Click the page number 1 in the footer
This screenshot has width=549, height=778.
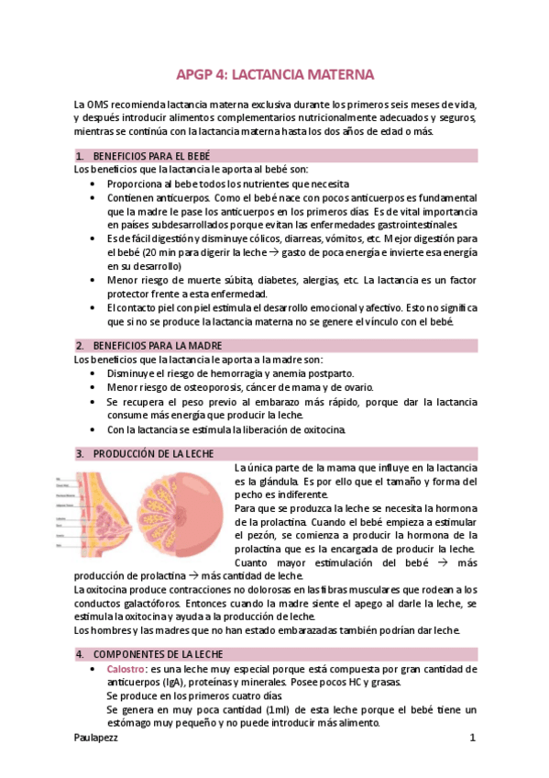click(472, 738)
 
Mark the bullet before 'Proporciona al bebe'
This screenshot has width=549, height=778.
click(97, 183)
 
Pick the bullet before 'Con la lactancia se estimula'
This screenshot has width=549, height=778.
click(97, 429)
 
